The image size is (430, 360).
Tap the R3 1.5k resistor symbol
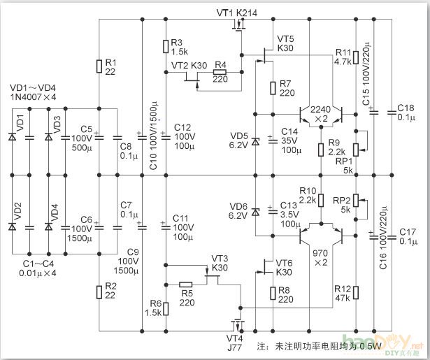tap(165, 47)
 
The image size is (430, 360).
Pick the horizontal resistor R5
tap(186, 285)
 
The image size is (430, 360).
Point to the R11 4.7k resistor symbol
tap(357, 57)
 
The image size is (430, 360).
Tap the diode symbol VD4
tap(48, 226)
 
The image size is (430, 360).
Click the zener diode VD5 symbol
tap(255, 142)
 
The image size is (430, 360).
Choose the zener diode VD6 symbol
tap(255, 211)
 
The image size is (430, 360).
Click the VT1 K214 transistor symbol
tap(241, 27)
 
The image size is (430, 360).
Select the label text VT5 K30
tap(285, 43)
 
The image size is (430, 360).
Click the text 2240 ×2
tap(320, 115)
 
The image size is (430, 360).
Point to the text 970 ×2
tap(321, 257)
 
